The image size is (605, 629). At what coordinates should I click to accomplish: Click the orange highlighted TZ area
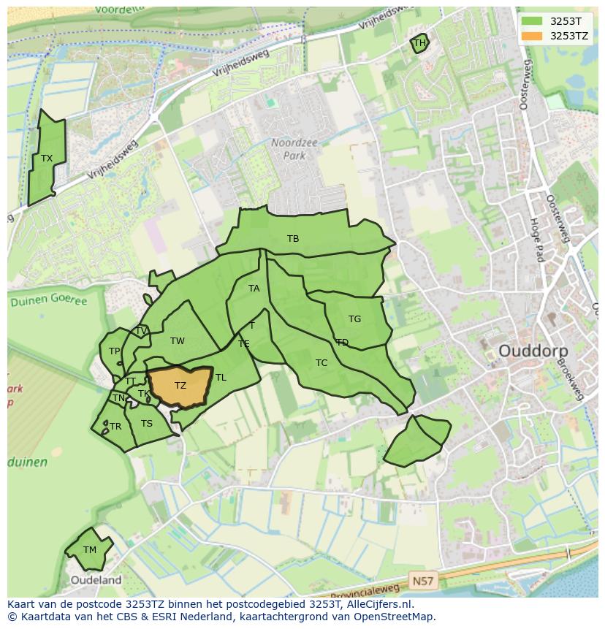(x=180, y=386)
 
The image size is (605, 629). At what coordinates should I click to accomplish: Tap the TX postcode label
(x=47, y=159)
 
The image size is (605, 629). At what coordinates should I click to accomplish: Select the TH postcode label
(x=419, y=43)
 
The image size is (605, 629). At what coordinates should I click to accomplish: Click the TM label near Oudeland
(x=89, y=550)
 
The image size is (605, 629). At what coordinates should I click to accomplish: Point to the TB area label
(x=293, y=239)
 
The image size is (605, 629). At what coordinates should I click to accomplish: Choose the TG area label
(x=354, y=319)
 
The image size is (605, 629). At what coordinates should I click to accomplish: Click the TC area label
(x=321, y=363)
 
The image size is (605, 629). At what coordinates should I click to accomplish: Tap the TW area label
(x=178, y=341)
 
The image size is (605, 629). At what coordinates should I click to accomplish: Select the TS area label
(x=147, y=424)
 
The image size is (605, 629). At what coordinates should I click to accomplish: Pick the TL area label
(x=221, y=378)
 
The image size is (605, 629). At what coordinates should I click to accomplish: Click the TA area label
(x=254, y=289)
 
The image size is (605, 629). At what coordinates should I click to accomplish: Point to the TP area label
(x=114, y=351)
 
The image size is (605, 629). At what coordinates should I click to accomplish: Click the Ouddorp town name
(x=533, y=351)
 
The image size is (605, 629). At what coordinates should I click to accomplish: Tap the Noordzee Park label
(x=294, y=149)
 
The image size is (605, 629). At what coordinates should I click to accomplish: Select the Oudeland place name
(x=96, y=580)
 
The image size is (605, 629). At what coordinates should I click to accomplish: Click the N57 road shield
(x=422, y=582)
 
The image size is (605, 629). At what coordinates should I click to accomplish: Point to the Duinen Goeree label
(x=47, y=301)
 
